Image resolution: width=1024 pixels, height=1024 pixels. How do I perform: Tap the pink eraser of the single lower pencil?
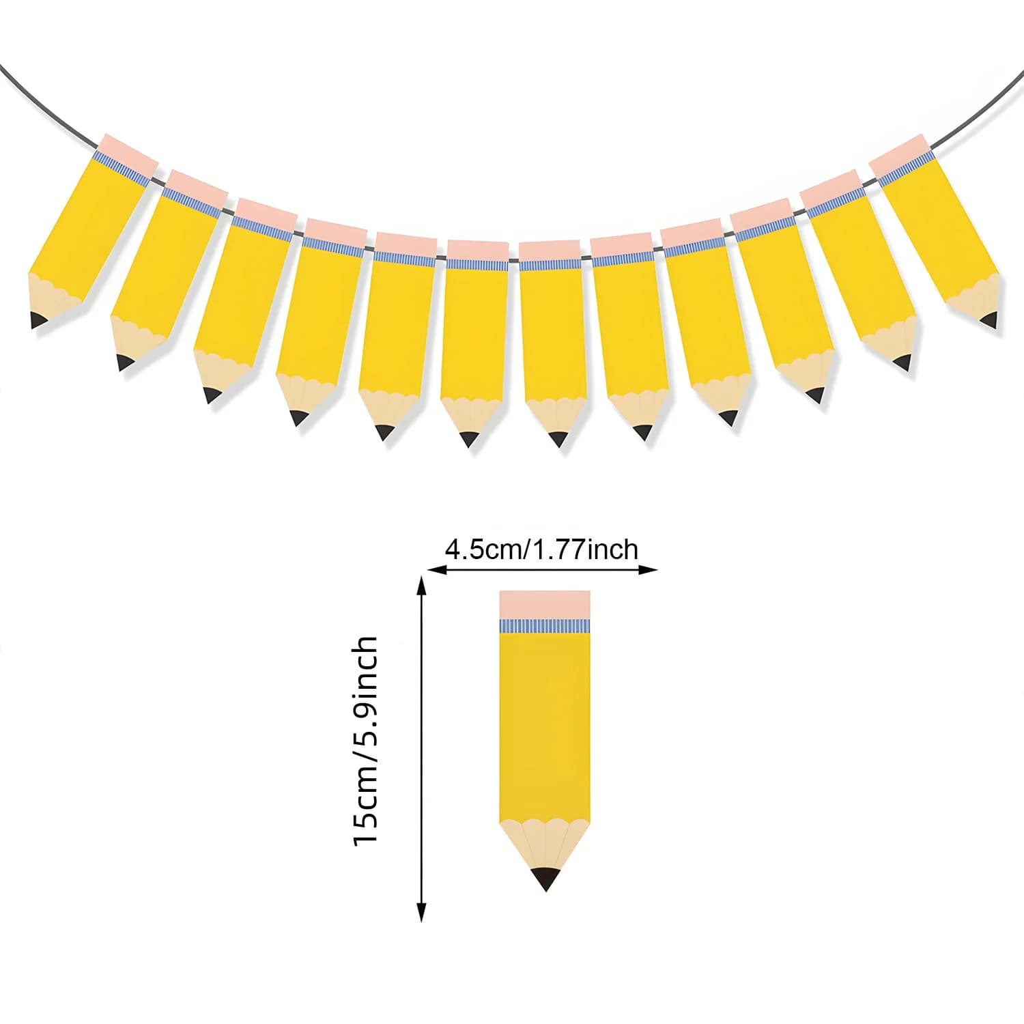(545, 605)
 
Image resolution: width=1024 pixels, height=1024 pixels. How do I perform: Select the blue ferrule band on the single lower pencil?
(545, 626)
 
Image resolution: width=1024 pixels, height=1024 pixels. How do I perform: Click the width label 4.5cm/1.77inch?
(541, 549)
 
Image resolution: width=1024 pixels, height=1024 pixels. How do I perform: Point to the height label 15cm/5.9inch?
(365, 741)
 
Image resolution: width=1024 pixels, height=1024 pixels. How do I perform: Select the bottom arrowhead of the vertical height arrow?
(422, 912)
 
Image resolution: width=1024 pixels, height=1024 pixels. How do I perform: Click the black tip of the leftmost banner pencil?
(38, 319)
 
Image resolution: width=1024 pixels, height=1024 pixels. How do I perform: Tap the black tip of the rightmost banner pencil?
(990, 319)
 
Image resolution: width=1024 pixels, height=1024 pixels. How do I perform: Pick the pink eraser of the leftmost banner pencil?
(128, 151)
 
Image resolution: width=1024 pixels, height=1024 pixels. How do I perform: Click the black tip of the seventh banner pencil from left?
(558, 439)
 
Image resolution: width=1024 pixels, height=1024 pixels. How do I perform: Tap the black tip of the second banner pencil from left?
(124, 362)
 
